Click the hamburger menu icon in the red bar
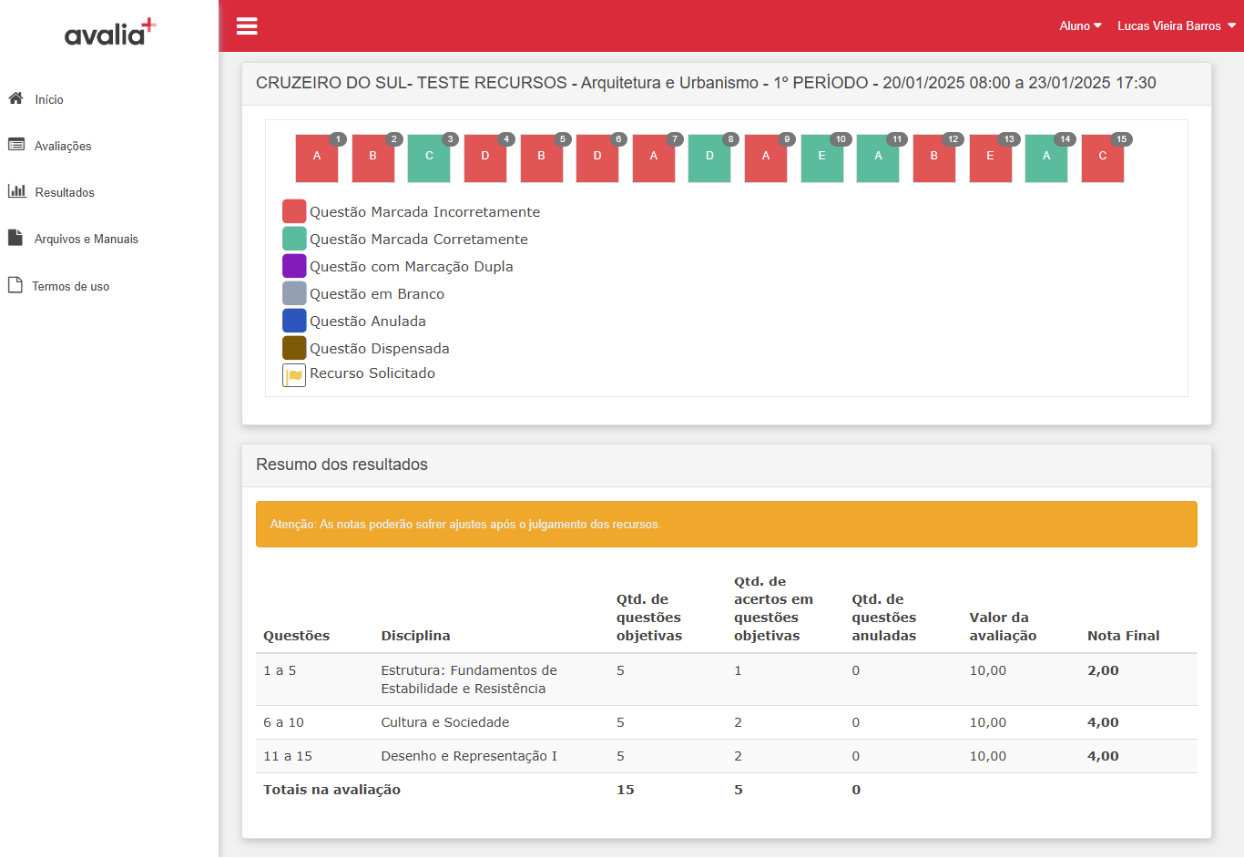247,26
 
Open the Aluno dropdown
1080,26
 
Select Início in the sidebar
49,99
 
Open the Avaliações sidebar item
63,146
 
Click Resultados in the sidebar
65,192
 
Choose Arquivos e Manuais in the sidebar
87,239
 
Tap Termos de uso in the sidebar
70,286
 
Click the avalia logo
110,32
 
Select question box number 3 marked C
429,158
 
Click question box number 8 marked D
709,158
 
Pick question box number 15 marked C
1102,158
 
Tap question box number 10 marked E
822,158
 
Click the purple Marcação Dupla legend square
294,266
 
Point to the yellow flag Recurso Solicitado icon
294,375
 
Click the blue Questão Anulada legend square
294,321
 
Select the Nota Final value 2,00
1103,670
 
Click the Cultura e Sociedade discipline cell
444,722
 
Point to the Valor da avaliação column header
1003,627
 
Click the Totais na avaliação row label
331,790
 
